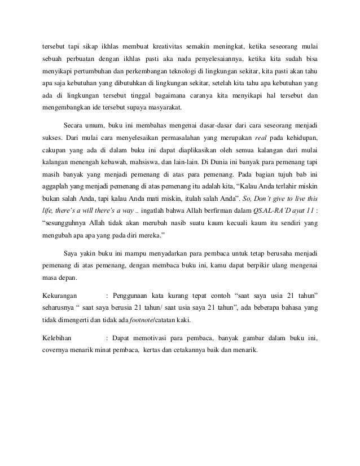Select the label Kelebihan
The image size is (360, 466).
58,338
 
